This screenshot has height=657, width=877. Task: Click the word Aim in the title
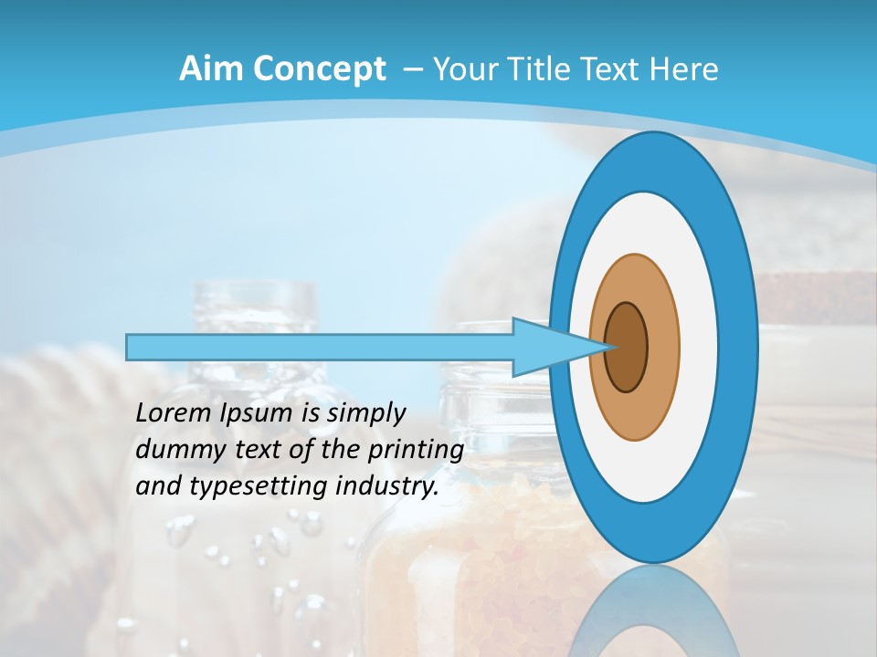pyautogui.click(x=212, y=68)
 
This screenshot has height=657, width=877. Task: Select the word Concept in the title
pyautogui.click(x=320, y=69)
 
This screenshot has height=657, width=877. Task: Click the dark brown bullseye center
pyautogui.click(x=626, y=347)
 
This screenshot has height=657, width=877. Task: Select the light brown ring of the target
pyautogui.click(x=661, y=347)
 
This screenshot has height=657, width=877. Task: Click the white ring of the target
pyautogui.click(x=698, y=347)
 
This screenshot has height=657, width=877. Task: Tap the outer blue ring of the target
pyautogui.click(x=739, y=347)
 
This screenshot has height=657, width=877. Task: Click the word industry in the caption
pyautogui.click(x=386, y=487)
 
